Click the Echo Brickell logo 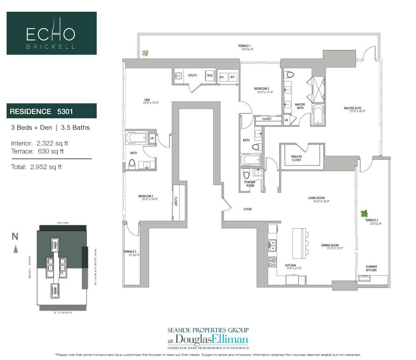point(51,33)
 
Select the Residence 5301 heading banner point(51,111)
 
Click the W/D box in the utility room point(210,76)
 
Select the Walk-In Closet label point(296,158)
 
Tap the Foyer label point(248,209)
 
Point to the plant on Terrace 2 point(364,213)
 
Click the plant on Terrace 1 point(145,53)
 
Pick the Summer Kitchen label point(371,268)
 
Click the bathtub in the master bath point(318,115)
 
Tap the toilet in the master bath point(290,75)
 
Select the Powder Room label point(250,184)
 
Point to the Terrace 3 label point(130,253)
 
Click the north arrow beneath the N point(15,249)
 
